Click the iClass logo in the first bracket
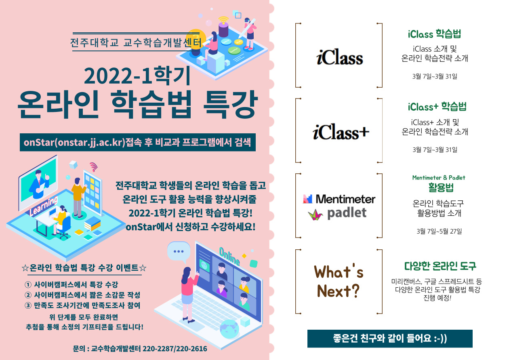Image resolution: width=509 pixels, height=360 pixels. point(339,57)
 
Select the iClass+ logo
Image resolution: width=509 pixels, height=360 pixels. point(341,132)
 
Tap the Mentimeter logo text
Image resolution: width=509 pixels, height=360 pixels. point(345,199)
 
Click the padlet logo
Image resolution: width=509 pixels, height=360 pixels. point(337,214)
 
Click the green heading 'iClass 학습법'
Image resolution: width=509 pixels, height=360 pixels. point(434,34)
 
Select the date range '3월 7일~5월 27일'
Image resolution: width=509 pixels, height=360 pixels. point(439,232)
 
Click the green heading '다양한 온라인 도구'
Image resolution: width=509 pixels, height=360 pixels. point(440,266)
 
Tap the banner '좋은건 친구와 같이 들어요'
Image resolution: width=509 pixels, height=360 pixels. point(390,339)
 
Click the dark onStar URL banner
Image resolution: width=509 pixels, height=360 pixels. point(138,142)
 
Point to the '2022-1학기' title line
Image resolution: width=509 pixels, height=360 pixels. point(137,76)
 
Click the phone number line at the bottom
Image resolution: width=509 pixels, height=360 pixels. point(140,348)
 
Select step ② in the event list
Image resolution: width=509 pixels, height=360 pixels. point(82,295)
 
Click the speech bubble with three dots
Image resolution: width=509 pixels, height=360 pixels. point(179,252)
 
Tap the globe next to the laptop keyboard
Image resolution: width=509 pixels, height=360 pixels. point(229,329)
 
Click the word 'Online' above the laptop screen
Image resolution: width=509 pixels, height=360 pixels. point(229,256)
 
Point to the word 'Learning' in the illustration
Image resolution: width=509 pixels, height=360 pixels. point(44,206)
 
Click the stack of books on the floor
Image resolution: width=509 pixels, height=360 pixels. point(93,223)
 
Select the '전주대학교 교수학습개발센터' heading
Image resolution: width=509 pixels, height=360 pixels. point(136,42)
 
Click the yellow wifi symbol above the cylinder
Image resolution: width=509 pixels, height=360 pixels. point(223,20)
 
